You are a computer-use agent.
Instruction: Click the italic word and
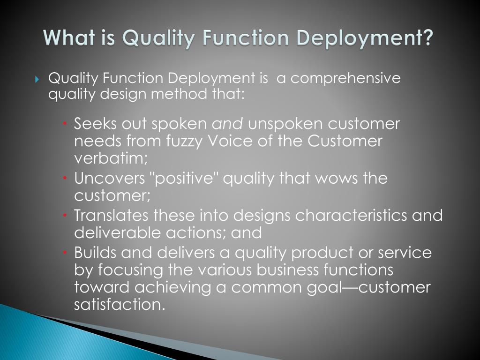[228, 124]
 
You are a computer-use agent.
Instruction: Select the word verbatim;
[111, 158]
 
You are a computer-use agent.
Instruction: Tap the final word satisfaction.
[120, 304]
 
